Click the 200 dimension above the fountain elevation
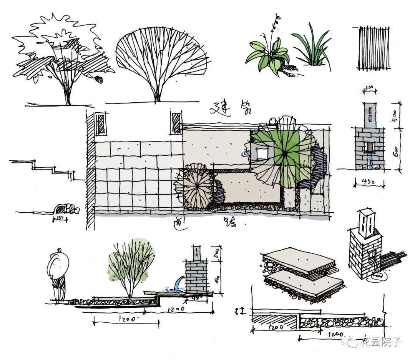point(370,87)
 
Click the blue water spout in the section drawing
point(178,284)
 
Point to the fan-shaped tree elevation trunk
point(157,94)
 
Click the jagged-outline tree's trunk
point(68,94)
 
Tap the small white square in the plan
point(262,153)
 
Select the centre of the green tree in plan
point(285,153)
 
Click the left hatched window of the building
point(100,123)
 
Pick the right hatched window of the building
point(176,122)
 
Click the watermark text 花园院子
point(380,342)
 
